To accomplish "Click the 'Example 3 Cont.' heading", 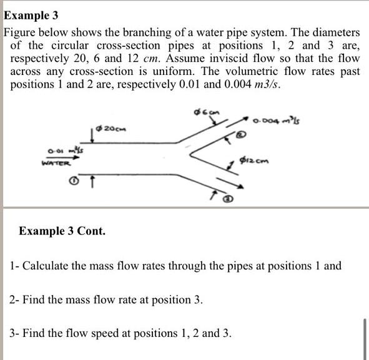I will coord(62,231).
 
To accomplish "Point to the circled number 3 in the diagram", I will coord(229,200).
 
